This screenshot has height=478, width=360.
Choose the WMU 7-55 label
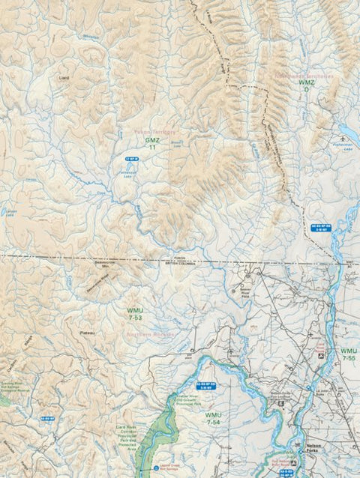click(349, 354)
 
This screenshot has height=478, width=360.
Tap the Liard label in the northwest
click(63, 76)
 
